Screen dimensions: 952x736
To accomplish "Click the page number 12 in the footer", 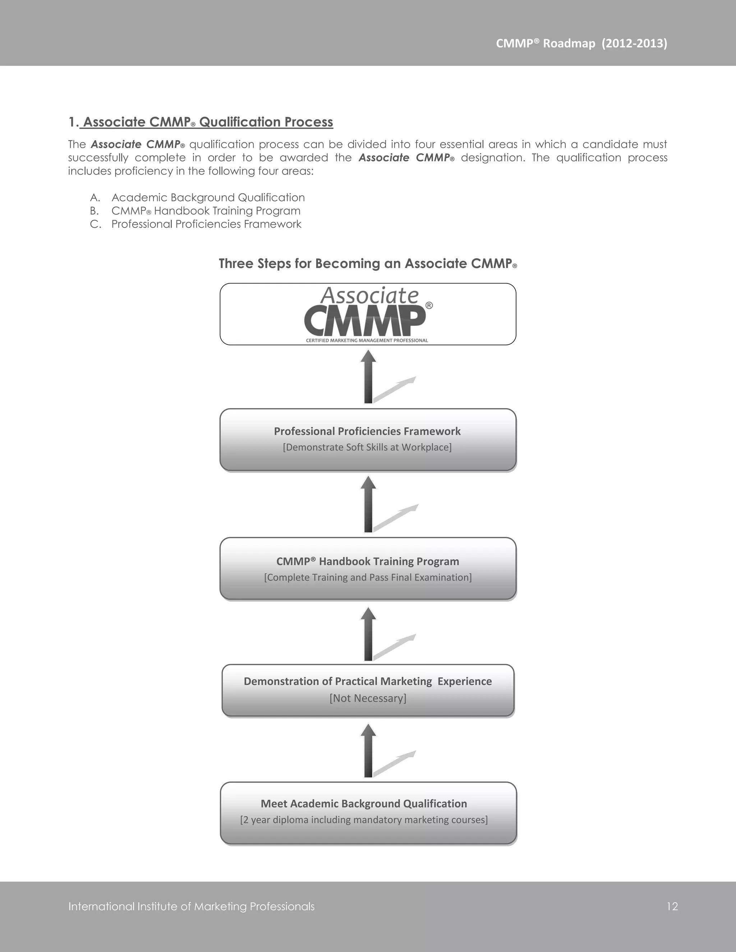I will pos(672,907).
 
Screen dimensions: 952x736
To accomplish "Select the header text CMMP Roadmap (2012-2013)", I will pos(581,43).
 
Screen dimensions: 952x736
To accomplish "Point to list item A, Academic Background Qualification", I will pos(208,198).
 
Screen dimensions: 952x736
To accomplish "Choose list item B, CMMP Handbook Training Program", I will pos(206,211).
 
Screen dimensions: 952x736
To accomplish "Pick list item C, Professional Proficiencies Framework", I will pos(206,224).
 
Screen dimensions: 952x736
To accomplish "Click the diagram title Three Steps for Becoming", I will pos(368,264).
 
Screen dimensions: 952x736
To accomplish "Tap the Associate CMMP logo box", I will pos(368,314).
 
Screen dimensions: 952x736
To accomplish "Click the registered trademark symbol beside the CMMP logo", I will pos(429,306).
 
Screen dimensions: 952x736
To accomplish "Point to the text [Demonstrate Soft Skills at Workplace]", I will pos(367,447).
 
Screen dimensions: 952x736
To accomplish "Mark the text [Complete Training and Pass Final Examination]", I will pos(368,578).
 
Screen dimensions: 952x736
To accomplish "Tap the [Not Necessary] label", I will pos(368,698).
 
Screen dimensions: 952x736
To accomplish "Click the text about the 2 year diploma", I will pos(364,820).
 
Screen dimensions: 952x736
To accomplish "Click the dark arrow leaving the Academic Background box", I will pos(368,751).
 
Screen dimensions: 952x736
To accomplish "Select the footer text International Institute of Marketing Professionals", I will pos(192,907).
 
